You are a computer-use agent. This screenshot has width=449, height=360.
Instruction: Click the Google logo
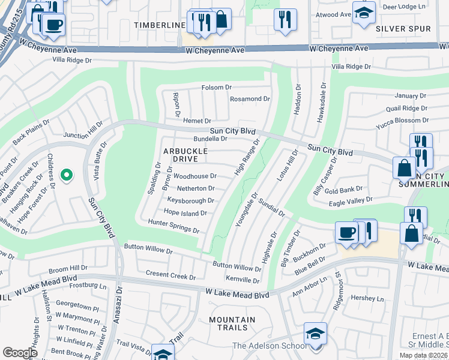[x=20, y=352]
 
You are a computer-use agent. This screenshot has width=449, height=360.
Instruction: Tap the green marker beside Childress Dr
[x=67, y=175]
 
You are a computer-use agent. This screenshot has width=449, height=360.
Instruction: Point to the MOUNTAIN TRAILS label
[x=228, y=323]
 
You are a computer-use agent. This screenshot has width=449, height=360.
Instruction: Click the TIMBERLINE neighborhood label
[x=159, y=25]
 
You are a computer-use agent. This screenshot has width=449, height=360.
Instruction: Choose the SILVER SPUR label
[x=403, y=29]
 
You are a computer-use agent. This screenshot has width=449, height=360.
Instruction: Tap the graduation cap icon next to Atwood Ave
[x=364, y=13]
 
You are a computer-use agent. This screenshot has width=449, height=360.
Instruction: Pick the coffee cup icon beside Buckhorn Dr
[x=347, y=233]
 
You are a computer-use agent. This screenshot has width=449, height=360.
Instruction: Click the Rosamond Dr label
[x=250, y=98]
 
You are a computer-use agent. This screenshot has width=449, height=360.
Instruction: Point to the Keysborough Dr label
[x=191, y=200]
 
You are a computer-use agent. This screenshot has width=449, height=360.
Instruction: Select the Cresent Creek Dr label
[x=171, y=277]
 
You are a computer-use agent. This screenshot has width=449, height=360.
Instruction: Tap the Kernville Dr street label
[x=243, y=280]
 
